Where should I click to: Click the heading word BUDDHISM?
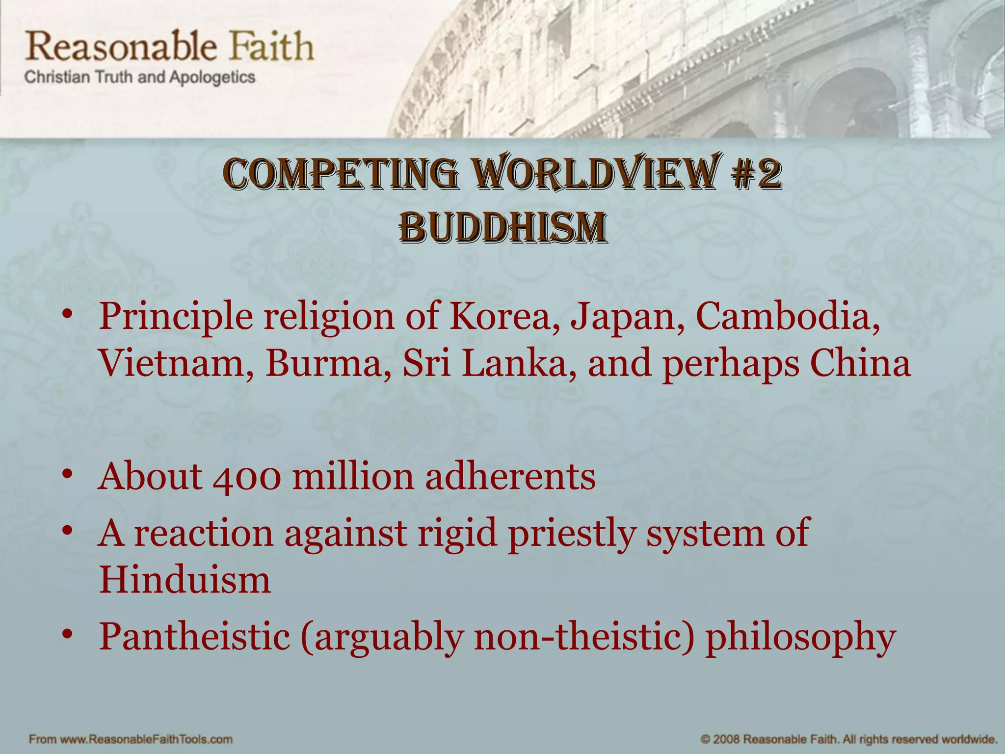point(502,228)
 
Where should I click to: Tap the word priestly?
point(572,534)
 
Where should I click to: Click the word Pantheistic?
point(194,636)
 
